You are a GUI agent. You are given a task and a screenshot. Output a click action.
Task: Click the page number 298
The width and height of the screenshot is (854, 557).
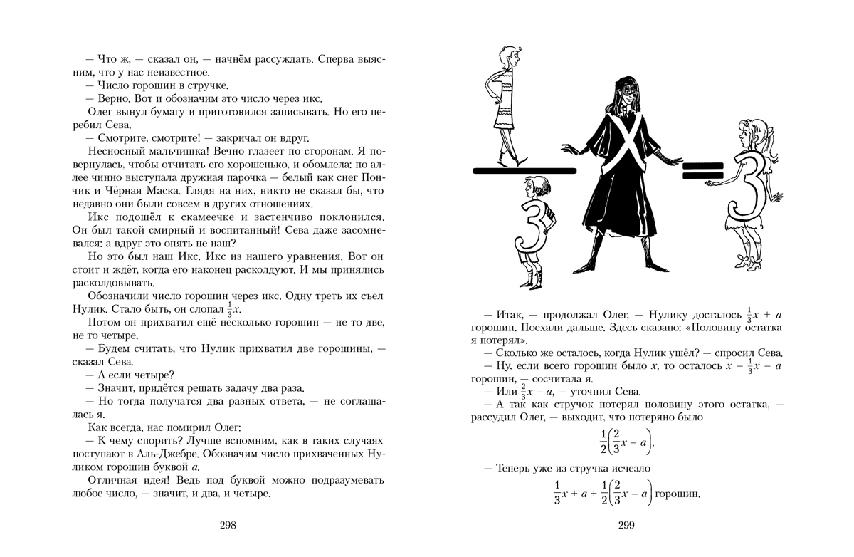(x=228, y=526)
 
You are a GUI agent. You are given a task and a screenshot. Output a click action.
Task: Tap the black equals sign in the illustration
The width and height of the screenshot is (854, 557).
(x=703, y=170)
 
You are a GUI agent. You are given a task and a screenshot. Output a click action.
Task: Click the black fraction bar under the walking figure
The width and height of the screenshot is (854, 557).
(x=524, y=170)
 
